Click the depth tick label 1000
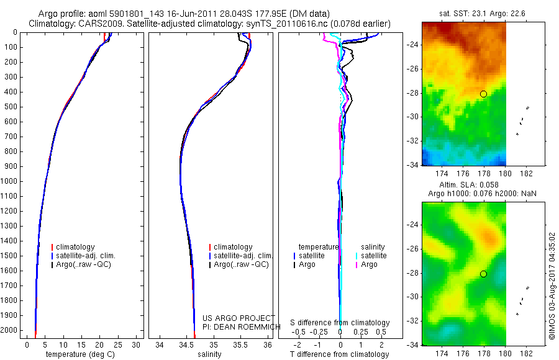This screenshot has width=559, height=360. (9, 181)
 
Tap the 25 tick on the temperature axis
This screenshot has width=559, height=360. (117, 345)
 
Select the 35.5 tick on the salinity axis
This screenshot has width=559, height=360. (240, 345)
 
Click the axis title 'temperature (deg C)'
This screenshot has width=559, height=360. (80, 354)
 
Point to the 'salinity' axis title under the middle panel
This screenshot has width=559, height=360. (209, 354)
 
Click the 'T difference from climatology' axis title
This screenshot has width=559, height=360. (339, 354)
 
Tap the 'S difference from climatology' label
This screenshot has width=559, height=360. (340, 323)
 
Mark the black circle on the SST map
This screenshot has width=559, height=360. (483, 94)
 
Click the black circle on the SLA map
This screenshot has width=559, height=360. (483, 274)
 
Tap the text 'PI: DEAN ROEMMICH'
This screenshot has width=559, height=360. (242, 327)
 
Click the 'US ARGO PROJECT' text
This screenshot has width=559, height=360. (239, 318)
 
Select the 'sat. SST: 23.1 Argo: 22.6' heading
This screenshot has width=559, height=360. (482, 14)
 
